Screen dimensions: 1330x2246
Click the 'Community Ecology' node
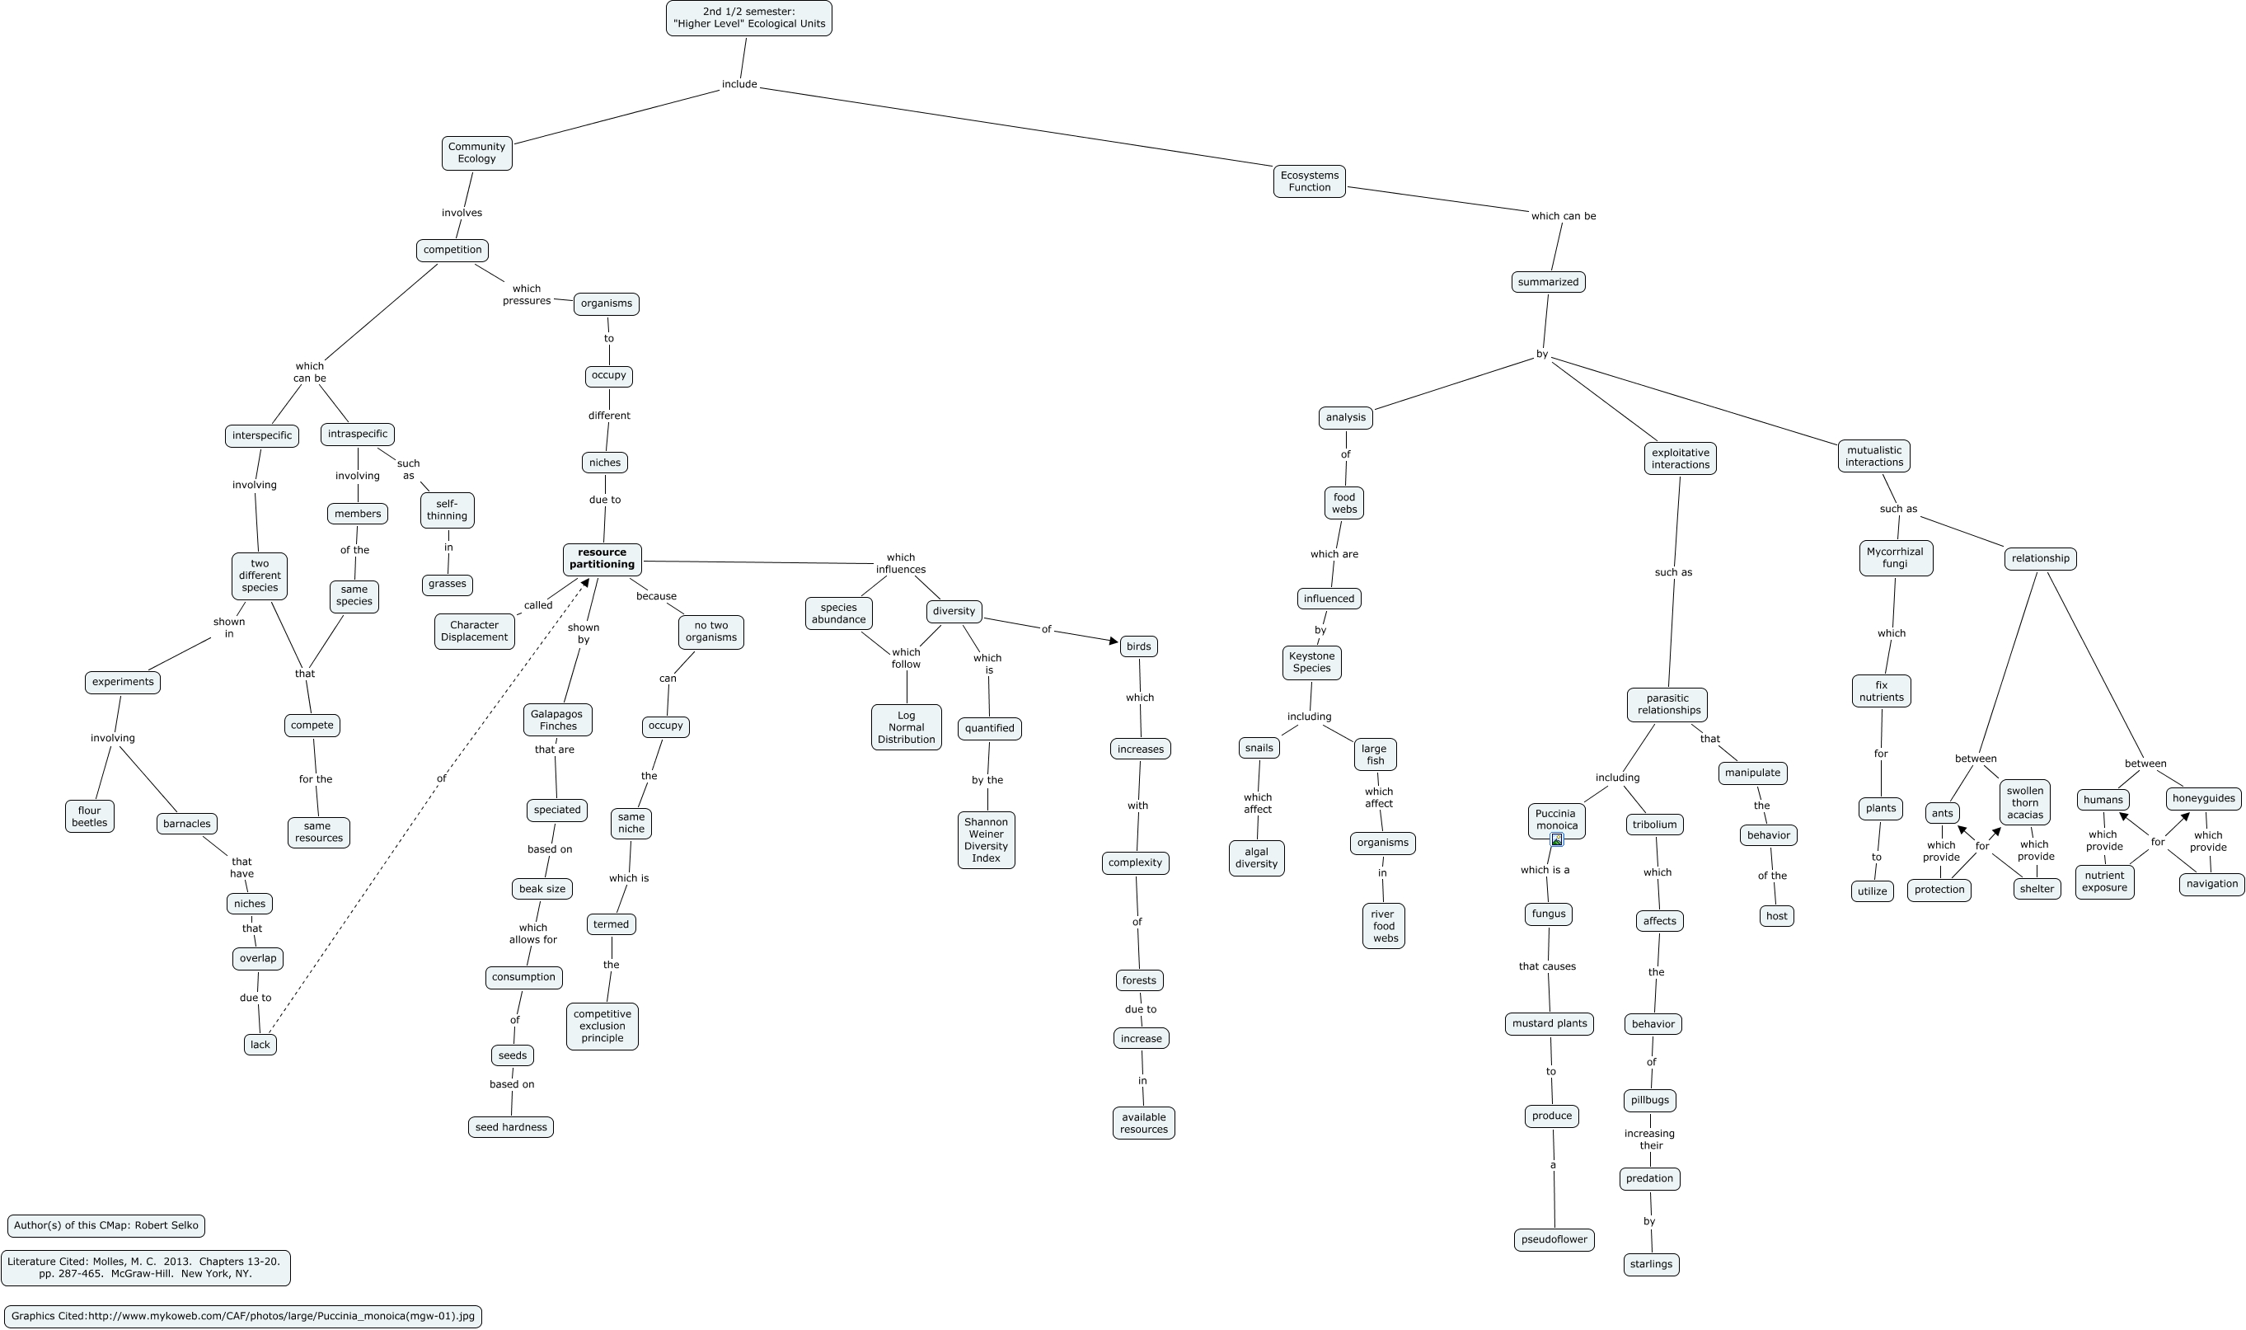click(x=476, y=153)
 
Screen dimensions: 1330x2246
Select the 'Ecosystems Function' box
click(x=1309, y=181)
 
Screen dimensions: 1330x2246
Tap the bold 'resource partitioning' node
click(x=602, y=558)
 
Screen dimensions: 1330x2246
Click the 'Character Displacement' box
click(x=474, y=631)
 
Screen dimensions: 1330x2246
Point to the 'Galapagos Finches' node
click(x=557, y=720)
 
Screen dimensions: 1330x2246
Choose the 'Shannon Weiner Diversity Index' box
click(x=986, y=839)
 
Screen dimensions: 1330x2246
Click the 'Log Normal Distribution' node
click(x=906, y=726)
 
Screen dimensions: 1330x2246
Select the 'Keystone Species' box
click(x=1311, y=662)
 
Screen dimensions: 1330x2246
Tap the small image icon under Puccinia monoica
click(x=1556, y=839)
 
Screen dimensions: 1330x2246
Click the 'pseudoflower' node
click(x=1554, y=1239)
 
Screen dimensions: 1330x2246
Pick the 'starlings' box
click(x=1650, y=1264)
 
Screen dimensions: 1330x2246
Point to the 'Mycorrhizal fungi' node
click(x=1895, y=557)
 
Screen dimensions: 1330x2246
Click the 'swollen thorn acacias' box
click(x=2023, y=802)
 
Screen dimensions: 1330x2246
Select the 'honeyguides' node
click(x=2203, y=797)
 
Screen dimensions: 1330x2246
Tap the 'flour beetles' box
click(x=90, y=816)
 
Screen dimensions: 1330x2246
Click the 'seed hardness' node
click(x=511, y=1126)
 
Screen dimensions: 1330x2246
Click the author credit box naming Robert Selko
click(x=106, y=1225)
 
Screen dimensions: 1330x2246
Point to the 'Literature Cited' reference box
click(x=145, y=1267)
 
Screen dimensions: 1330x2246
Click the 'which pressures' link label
click(x=526, y=295)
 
